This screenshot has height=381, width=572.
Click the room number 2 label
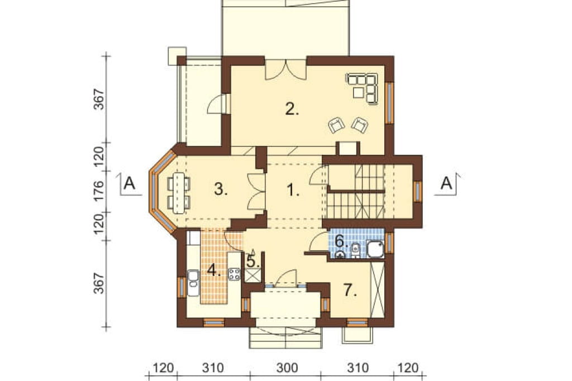pyautogui.click(x=292, y=109)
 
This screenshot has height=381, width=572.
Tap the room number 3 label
pyautogui.click(x=221, y=189)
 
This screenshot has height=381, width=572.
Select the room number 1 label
pyautogui.click(x=293, y=190)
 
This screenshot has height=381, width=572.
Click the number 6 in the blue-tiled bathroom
pyautogui.click(x=339, y=241)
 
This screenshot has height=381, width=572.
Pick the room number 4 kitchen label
pyautogui.click(x=214, y=270)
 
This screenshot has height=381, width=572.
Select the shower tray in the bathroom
pyautogui.click(x=375, y=249)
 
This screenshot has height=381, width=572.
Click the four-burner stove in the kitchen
pyautogui.click(x=234, y=274)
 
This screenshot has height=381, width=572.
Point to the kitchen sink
pyautogui.click(x=193, y=283)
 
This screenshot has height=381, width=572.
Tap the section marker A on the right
pyautogui.click(x=446, y=183)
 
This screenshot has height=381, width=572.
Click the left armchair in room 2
pyautogui.click(x=336, y=125)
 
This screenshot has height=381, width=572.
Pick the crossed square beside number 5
pyautogui.click(x=252, y=275)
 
